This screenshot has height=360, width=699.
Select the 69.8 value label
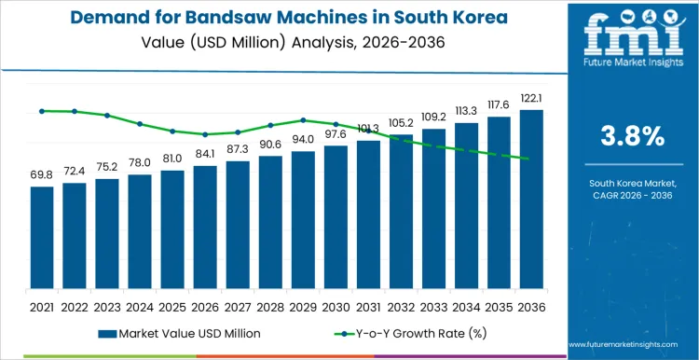pos(42,175)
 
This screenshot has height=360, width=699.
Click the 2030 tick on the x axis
pos(336,306)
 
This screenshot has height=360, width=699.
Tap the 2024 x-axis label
pos(140,306)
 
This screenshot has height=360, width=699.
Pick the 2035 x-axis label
pos(499,306)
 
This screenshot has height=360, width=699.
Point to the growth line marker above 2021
pos(42,111)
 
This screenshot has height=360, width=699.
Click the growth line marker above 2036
pos(531,159)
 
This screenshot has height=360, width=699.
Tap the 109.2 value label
pos(433,118)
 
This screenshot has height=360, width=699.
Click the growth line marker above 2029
pos(303,119)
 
